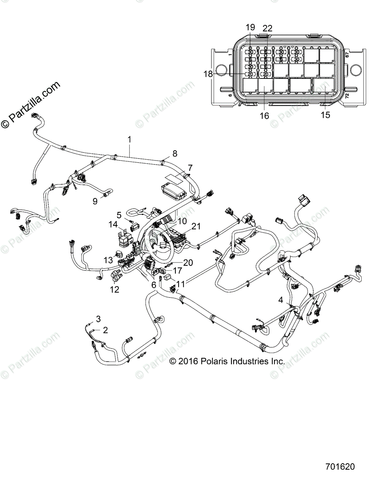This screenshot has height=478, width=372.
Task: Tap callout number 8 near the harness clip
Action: pyautogui.click(x=174, y=153)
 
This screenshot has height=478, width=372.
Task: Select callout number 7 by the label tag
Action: pyautogui.click(x=190, y=167)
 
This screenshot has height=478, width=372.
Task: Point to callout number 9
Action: pyautogui.click(x=95, y=201)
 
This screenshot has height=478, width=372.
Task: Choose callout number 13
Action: pyautogui.click(x=109, y=260)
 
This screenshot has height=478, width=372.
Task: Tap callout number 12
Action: pyautogui.click(x=114, y=290)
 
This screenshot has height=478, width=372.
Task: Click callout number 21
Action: pyautogui.click(x=195, y=226)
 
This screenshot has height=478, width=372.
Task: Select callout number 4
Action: pyautogui.click(x=281, y=300)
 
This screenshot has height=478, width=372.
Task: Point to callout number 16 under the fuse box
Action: pyautogui.click(x=264, y=116)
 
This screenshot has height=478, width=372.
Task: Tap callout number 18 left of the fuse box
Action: pyautogui.click(x=209, y=74)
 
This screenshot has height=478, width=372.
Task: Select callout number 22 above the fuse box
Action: pyautogui.click(x=268, y=28)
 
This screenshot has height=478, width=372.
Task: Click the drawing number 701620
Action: pyautogui.click(x=339, y=466)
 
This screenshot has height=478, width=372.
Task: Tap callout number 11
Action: pyautogui.click(x=181, y=284)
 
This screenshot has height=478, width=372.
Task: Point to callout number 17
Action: pyautogui.click(x=177, y=270)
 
